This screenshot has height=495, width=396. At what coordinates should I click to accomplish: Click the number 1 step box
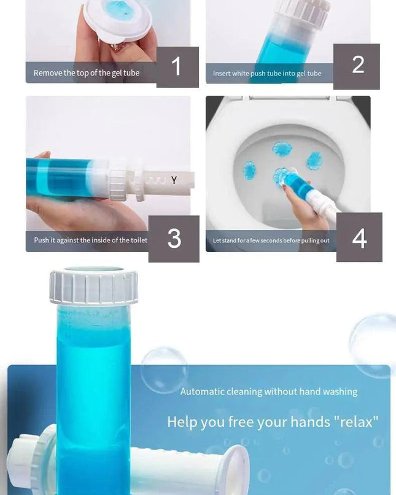177,67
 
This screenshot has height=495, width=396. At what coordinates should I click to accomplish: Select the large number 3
174,239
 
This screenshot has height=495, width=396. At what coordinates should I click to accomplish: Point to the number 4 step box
359,237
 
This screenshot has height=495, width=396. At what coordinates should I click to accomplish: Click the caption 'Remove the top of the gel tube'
87,73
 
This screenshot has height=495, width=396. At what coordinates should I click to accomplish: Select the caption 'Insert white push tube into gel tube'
267,74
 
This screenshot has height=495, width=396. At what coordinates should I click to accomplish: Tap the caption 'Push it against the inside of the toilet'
90,240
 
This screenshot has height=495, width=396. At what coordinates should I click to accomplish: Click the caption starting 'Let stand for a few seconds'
271,240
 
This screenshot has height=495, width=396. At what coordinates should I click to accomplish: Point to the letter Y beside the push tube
174,180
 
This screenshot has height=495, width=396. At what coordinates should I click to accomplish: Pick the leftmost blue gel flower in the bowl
249,171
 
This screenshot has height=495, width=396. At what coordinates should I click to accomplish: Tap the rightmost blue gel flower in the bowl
314,161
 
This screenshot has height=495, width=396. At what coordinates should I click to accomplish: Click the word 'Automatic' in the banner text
202,391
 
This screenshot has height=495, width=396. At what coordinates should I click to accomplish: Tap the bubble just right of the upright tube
163,368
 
